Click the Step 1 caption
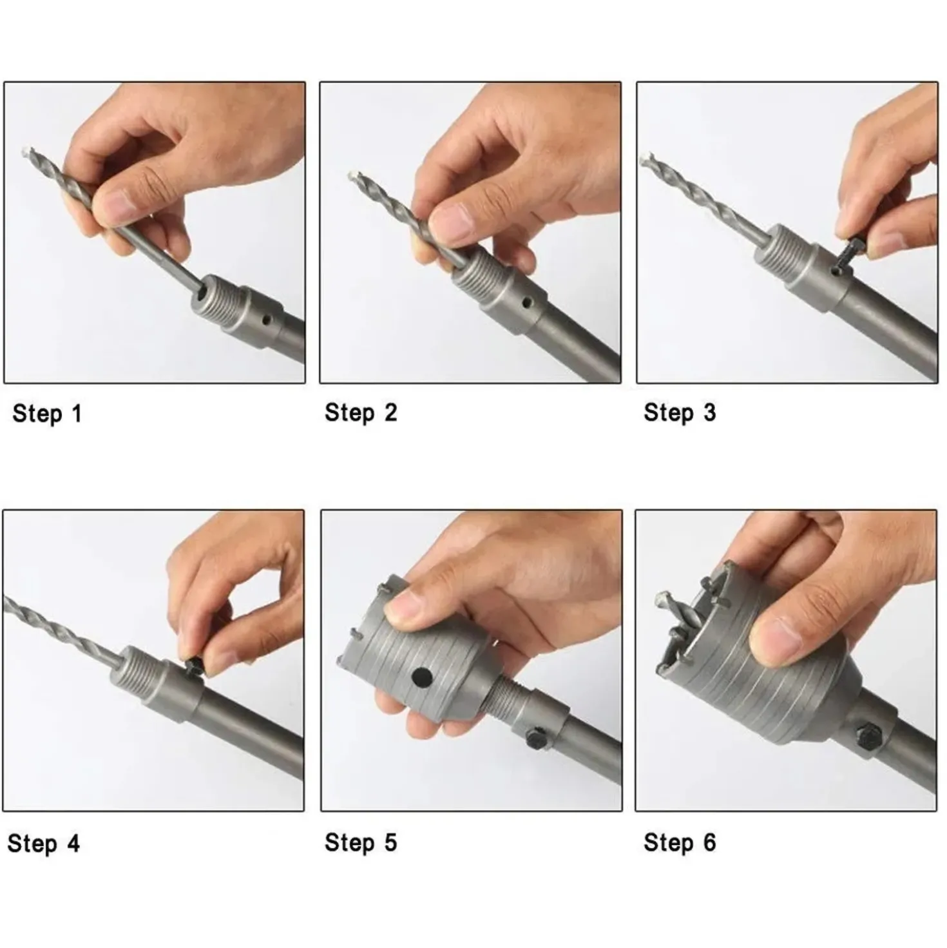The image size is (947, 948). tap(47, 413)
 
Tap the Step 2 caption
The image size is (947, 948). tap(361, 412)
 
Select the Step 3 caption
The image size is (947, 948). tap(680, 412)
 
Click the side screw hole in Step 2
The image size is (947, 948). tap(527, 300)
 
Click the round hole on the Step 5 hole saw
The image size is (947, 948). tap(422, 678)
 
